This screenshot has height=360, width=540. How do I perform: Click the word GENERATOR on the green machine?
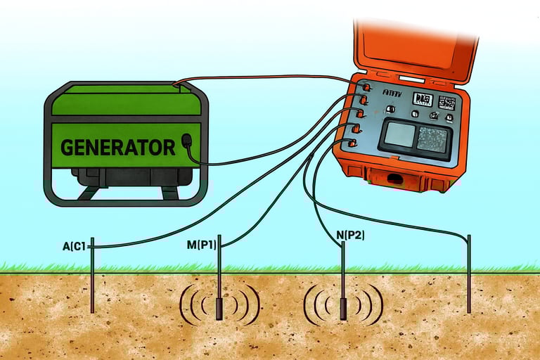tap(117, 148)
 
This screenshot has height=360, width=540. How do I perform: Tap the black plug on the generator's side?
tap(186, 141)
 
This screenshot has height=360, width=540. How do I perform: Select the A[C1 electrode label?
tap(75, 246)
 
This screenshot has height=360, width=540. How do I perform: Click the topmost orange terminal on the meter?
tap(366, 87)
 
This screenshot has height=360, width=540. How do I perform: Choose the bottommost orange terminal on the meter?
tap(352, 143)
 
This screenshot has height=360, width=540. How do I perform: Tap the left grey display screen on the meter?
tap(399, 135)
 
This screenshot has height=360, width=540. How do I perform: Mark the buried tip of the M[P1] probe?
tap(219, 307)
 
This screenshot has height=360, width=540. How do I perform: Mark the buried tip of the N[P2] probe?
tap(343, 309)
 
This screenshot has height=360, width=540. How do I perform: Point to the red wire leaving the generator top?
tap(267, 77)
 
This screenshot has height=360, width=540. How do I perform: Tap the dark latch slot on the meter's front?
tap(395, 179)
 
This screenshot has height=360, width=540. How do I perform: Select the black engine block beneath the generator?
tap(134, 176)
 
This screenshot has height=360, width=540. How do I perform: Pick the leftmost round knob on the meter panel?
tap(391, 110)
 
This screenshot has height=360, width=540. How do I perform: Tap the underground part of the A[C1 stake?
tap(92, 292)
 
